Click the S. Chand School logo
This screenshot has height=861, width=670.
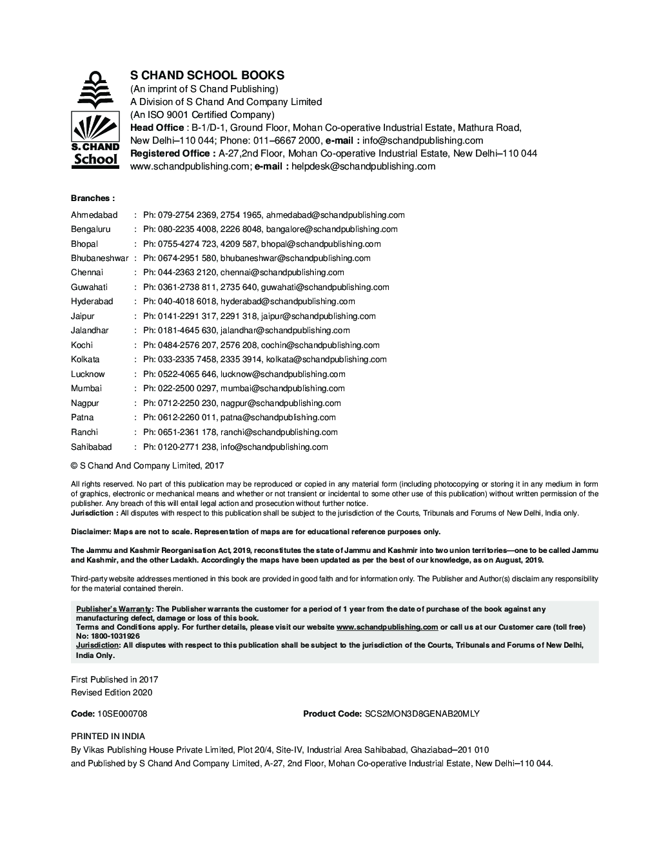(94, 121)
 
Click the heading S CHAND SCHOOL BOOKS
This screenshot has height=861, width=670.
(207, 75)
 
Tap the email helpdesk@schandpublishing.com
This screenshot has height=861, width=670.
(363, 166)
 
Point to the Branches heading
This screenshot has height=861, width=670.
(93, 198)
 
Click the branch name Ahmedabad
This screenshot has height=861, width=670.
(94, 215)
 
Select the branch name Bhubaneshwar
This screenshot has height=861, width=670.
(99, 258)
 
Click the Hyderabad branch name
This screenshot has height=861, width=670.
(92, 302)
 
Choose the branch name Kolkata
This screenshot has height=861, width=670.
(85, 360)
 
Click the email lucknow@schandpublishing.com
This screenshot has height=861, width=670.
(282, 374)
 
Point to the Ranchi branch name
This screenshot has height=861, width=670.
(84, 432)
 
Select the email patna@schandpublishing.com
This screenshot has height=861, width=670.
(278, 418)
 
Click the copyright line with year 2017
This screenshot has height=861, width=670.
(147, 465)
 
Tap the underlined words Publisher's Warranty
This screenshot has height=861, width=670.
(113, 609)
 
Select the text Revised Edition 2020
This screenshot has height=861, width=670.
(112, 693)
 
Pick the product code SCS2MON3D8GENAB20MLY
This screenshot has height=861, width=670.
(422, 714)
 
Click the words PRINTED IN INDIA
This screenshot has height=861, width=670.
(108, 736)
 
